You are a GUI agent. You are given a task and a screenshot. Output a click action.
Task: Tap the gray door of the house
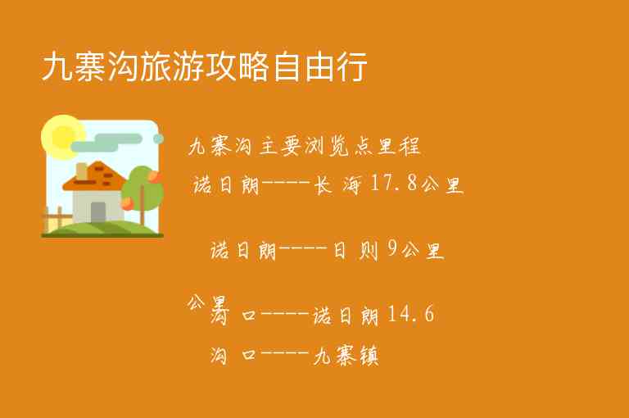click(x=98, y=211)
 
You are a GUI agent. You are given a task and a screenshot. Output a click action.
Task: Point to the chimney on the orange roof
click(x=82, y=171)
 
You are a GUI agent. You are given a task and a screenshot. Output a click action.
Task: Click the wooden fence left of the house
click(x=55, y=219)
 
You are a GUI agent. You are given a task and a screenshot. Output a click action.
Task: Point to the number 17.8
click(x=395, y=184)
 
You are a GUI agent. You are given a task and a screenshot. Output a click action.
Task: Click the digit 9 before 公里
click(x=392, y=250)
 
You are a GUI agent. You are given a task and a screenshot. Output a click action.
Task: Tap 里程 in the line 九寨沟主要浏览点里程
click(x=401, y=148)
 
